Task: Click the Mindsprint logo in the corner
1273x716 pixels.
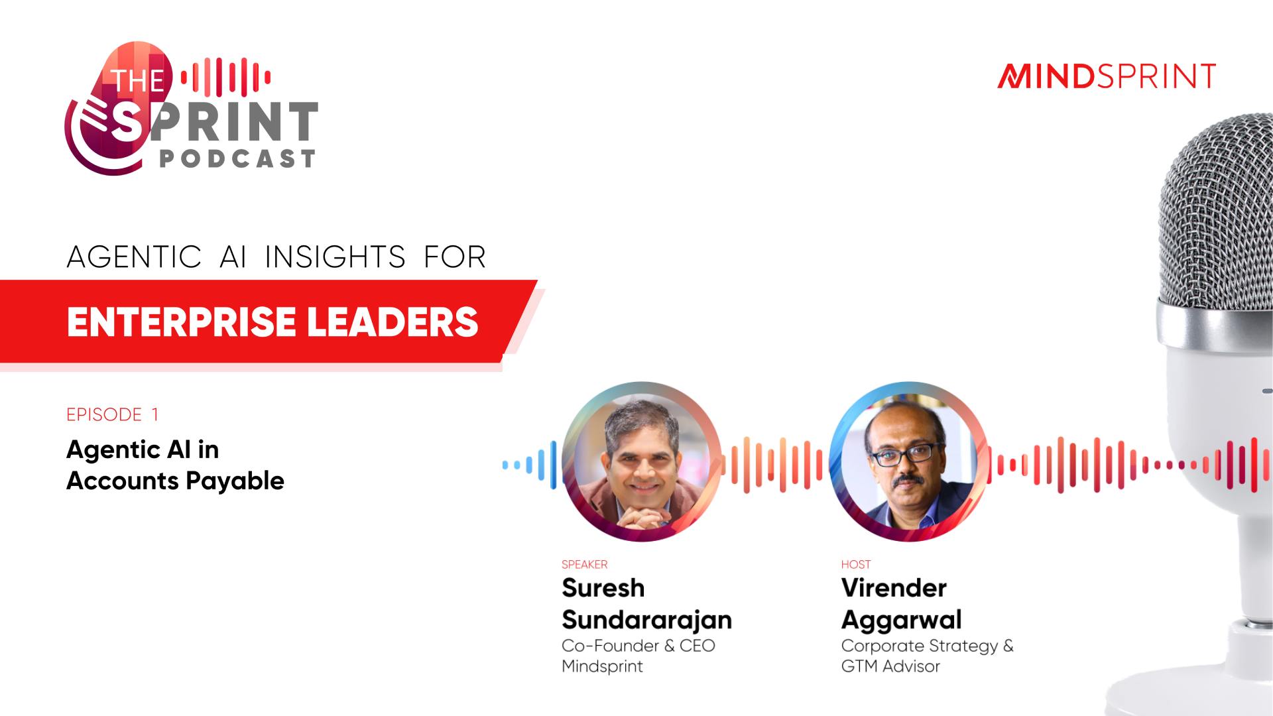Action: pos(1107,76)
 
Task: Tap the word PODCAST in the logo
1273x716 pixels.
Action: pos(237,159)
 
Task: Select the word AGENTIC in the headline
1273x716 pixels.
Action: pos(134,257)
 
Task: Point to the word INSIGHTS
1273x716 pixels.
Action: pos(335,257)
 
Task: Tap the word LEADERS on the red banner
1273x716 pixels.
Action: pos(393,322)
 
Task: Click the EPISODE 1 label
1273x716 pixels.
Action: pos(113,415)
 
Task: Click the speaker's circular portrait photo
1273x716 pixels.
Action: pos(641,461)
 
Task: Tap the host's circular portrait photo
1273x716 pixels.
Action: pos(909,461)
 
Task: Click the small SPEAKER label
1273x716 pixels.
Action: pos(585,565)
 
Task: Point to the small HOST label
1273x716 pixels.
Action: pos(856,565)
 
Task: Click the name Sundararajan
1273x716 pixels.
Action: pos(647,621)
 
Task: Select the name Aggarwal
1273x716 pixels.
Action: pos(902,621)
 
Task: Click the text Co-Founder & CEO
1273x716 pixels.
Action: pos(638,646)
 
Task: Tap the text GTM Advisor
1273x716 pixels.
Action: pos(890,666)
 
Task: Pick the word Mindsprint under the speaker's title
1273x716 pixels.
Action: pos(602,667)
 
